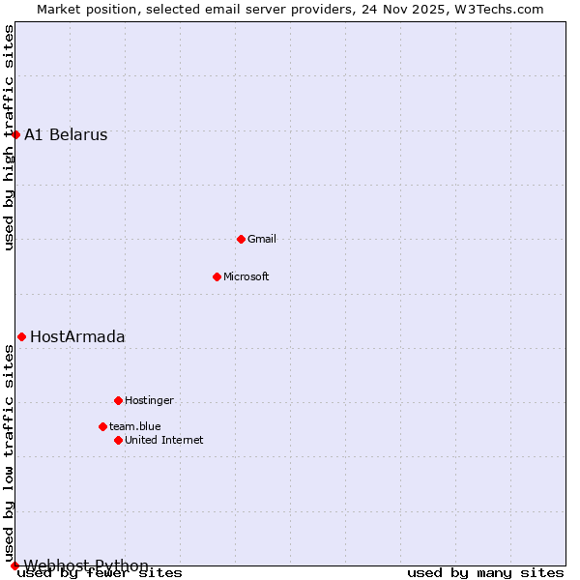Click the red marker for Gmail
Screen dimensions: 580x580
point(241,239)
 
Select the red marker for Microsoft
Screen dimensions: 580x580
point(217,276)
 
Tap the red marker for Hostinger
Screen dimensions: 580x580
point(118,400)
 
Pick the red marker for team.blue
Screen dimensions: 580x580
point(102,426)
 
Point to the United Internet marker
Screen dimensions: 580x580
point(118,440)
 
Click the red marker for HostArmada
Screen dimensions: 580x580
point(21,336)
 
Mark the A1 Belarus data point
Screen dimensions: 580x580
point(15,134)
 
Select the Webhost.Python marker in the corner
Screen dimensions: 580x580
point(14,565)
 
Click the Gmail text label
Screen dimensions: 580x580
point(262,239)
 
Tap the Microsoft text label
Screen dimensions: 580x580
point(246,276)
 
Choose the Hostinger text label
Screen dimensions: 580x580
point(149,400)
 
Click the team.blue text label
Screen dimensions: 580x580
point(135,426)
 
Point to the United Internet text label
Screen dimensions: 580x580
point(164,440)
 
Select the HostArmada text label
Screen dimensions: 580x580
point(77,336)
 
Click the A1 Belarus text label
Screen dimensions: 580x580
point(66,134)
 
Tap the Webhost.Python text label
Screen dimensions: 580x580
point(86,565)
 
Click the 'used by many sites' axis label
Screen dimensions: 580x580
point(485,572)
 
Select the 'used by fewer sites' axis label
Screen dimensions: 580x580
point(101,572)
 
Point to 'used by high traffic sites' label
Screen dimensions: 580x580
point(9,137)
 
